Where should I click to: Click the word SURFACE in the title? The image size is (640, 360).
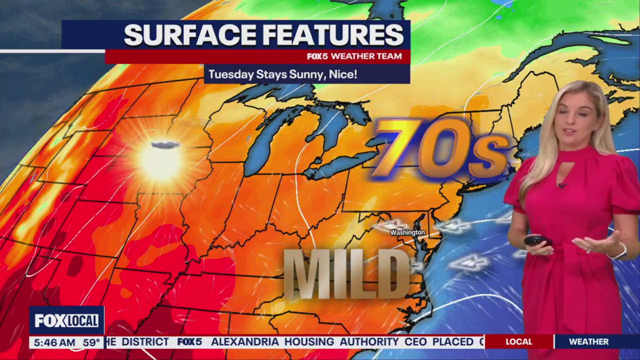(x=190, y=35)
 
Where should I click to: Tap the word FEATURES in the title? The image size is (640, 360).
(x=332, y=35)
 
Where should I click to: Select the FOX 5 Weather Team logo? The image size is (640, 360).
(x=354, y=56)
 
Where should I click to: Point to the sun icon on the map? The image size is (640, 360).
(x=161, y=161)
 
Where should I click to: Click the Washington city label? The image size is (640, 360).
(x=407, y=232)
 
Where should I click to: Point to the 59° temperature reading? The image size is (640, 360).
(x=91, y=343)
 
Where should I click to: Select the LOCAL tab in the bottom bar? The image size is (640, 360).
(x=518, y=342)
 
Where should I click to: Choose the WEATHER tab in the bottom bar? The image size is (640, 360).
(x=588, y=342)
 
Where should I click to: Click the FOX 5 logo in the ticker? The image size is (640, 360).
(x=189, y=342)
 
